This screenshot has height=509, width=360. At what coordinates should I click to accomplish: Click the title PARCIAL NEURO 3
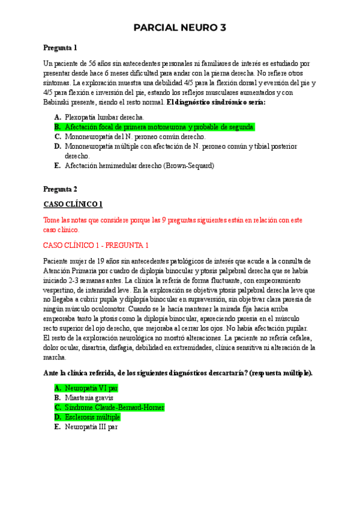tap(180, 28)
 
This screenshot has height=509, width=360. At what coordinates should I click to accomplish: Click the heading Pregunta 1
tap(60, 47)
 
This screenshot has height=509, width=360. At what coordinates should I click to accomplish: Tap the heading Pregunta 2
tap(60, 188)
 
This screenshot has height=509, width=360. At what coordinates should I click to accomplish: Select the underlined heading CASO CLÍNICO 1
tap(73, 204)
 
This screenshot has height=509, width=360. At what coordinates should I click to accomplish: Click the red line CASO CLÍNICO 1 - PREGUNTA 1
tap(96, 245)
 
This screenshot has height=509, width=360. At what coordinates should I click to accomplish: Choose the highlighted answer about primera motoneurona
tap(160, 127)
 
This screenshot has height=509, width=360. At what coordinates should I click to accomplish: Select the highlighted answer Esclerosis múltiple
tap(92, 417)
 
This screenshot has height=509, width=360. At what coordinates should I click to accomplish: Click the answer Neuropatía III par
tap(91, 427)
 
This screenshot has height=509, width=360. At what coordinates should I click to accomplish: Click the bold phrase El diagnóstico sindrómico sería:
tap(216, 102)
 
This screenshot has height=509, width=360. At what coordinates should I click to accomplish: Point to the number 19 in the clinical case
tap(104, 261)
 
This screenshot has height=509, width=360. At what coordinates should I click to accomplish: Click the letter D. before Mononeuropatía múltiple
tap(57, 146)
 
